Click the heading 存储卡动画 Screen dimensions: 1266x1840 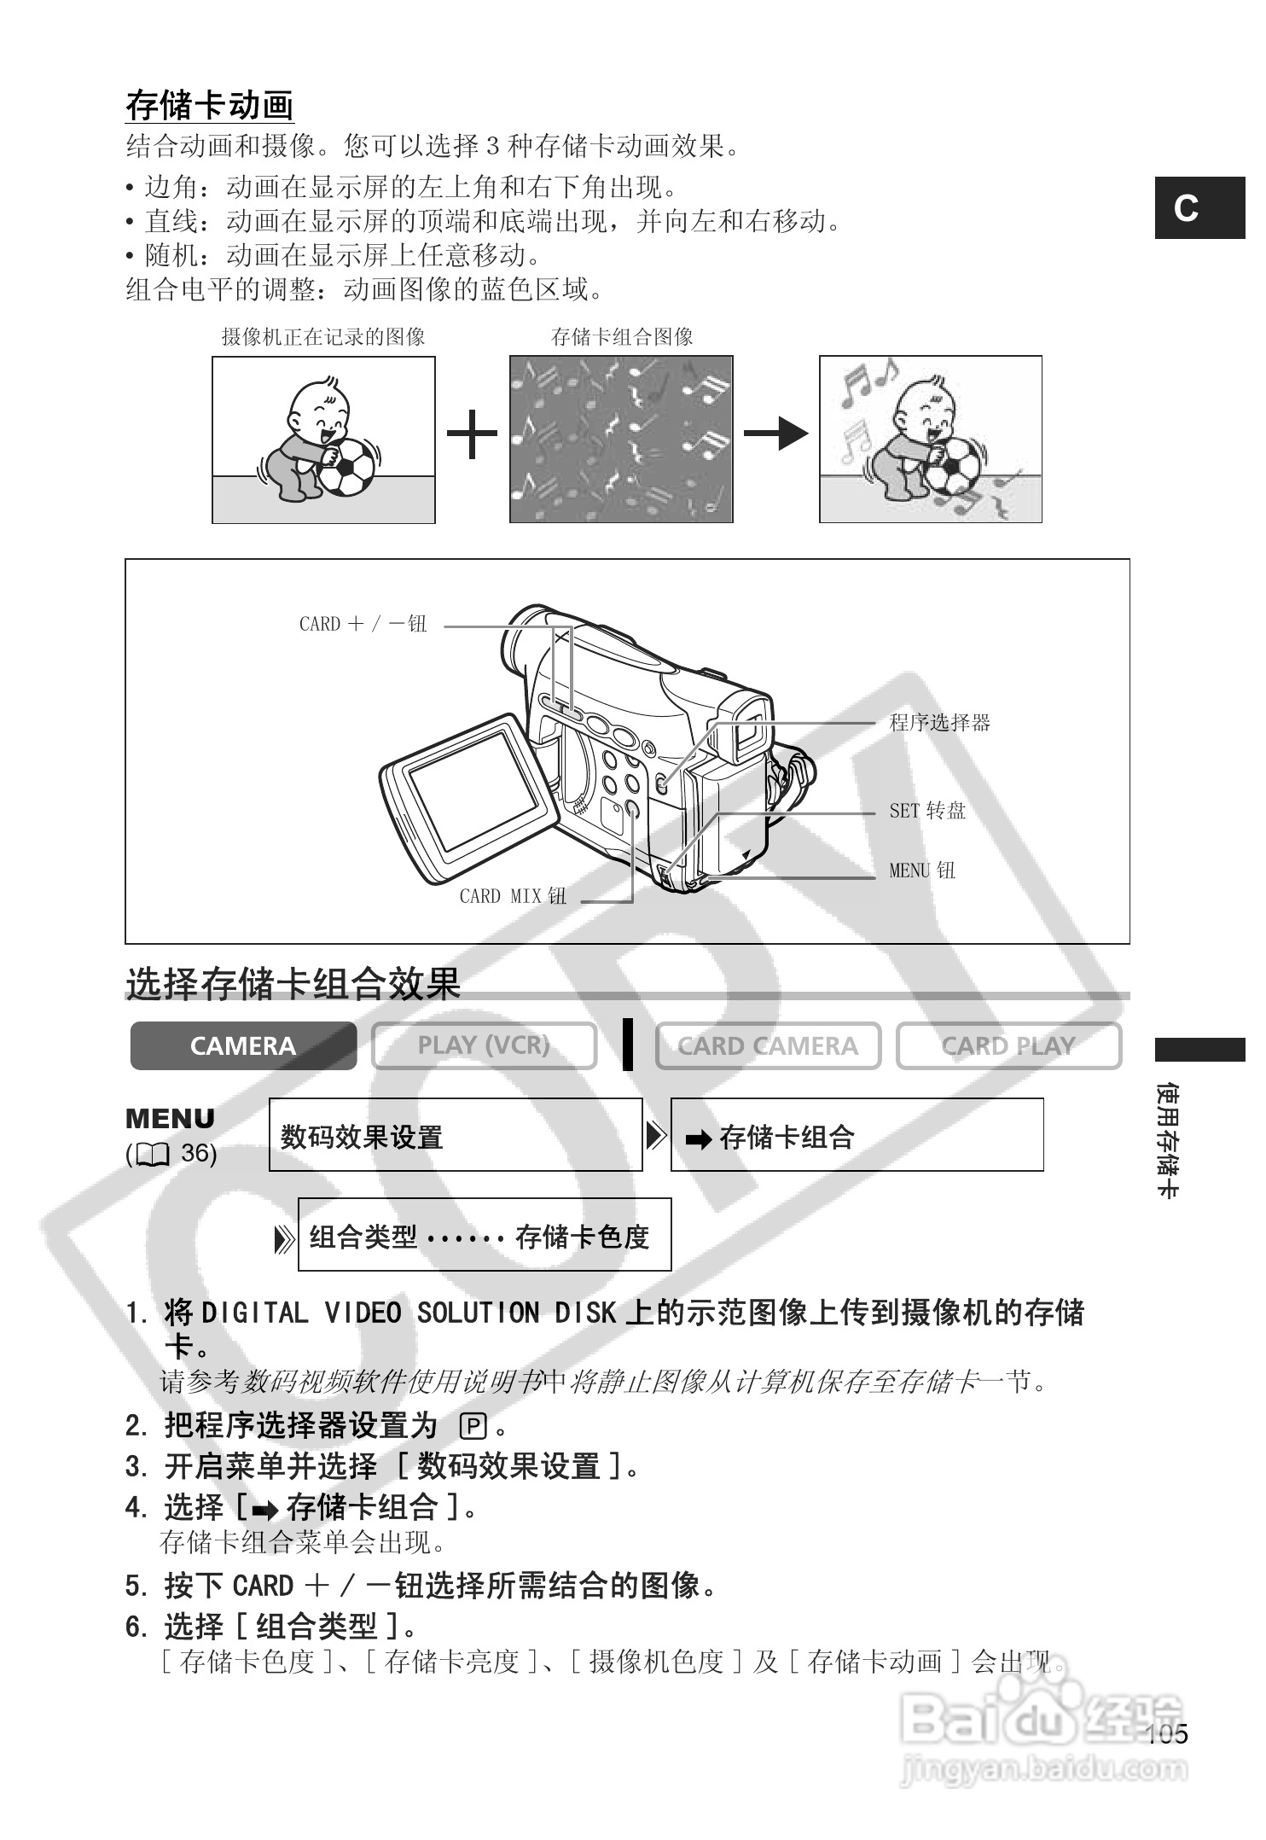[x=209, y=107]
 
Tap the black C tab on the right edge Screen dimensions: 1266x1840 [x=1199, y=207]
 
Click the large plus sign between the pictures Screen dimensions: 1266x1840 [x=472, y=434]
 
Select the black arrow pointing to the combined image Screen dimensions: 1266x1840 [x=775, y=434]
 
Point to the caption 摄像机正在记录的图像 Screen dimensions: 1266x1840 [x=323, y=337]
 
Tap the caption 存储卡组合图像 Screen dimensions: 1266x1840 [x=622, y=337]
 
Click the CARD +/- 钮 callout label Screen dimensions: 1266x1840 [x=363, y=624]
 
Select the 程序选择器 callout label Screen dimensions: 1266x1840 [x=939, y=723]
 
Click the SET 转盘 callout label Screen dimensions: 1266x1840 [x=927, y=811]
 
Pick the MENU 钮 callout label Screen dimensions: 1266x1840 [x=922, y=871]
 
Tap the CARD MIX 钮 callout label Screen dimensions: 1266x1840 [x=513, y=896]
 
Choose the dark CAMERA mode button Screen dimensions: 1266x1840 [x=243, y=1045]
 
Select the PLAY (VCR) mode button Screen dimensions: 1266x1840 [x=484, y=1045]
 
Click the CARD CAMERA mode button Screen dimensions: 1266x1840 [x=768, y=1045]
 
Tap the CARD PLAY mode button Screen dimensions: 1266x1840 [x=1008, y=1045]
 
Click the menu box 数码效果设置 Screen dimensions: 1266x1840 [x=456, y=1136]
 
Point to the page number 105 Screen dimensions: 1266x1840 [x=1166, y=1735]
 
